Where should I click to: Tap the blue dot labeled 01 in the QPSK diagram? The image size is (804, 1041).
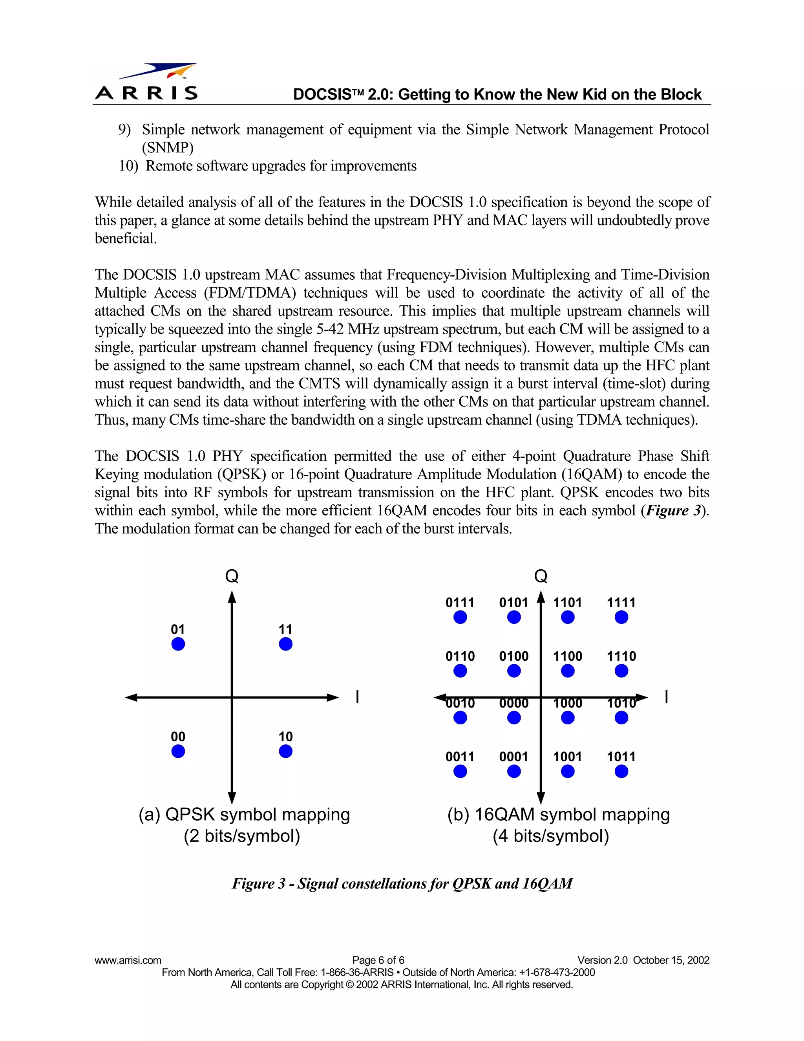coord(178,644)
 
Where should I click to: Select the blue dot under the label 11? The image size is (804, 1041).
coord(285,644)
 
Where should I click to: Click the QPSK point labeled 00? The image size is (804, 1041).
coord(178,751)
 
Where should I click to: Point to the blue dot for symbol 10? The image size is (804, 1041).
coord(285,751)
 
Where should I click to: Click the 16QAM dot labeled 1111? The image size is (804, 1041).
coord(621,618)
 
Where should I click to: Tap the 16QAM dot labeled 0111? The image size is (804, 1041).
coord(460,618)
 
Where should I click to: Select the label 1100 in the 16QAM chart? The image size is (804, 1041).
coord(567,656)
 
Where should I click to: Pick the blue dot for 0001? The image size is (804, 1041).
coord(514,772)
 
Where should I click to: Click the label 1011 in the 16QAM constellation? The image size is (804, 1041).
coord(621,757)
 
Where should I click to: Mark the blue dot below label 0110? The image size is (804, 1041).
coord(460,671)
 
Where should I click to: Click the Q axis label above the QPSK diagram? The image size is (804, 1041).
coord(232,577)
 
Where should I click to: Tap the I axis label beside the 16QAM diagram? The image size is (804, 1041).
coord(666,697)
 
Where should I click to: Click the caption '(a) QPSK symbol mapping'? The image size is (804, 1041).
coord(244,815)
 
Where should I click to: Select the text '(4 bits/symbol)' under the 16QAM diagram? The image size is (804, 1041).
coord(551,836)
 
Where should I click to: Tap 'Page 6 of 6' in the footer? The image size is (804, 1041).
coord(378,960)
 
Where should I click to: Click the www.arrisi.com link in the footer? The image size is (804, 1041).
coord(128,960)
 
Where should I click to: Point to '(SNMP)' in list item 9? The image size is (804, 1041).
coord(168,148)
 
